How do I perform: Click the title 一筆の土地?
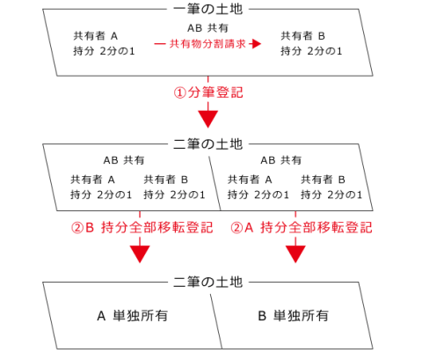click(x=207, y=9)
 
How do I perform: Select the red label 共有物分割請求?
click(x=207, y=44)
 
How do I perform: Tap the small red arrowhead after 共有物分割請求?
click(x=256, y=44)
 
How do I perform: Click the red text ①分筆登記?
click(x=208, y=92)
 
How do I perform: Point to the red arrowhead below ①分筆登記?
click(x=208, y=119)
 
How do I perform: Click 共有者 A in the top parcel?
click(x=96, y=36)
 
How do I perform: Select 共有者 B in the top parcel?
click(x=302, y=36)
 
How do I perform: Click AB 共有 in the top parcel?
click(x=207, y=28)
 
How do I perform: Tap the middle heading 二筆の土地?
click(x=207, y=143)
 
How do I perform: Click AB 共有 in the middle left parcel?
click(x=124, y=160)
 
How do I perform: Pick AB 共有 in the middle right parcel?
click(x=281, y=160)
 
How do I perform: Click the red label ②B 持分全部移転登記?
click(x=142, y=228)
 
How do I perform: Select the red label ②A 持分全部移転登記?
click(x=302, y=228)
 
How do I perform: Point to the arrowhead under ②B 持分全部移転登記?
click(x=140, y=253)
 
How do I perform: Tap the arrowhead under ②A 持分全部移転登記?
click(x=295, y=253)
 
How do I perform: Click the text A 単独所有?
click(x=132, y=316)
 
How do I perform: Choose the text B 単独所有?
click(x=293, y=316)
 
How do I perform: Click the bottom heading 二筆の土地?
click(x=207, y=282)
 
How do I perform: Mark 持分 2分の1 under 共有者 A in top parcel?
click(x=104, y=51)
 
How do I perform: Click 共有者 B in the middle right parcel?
click(x=323, y=180)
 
